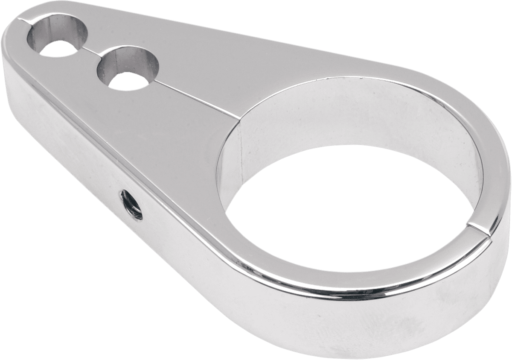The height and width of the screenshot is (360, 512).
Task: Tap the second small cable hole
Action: tap(128, 68)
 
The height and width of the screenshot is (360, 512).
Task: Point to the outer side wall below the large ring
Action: tap(341, 325)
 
